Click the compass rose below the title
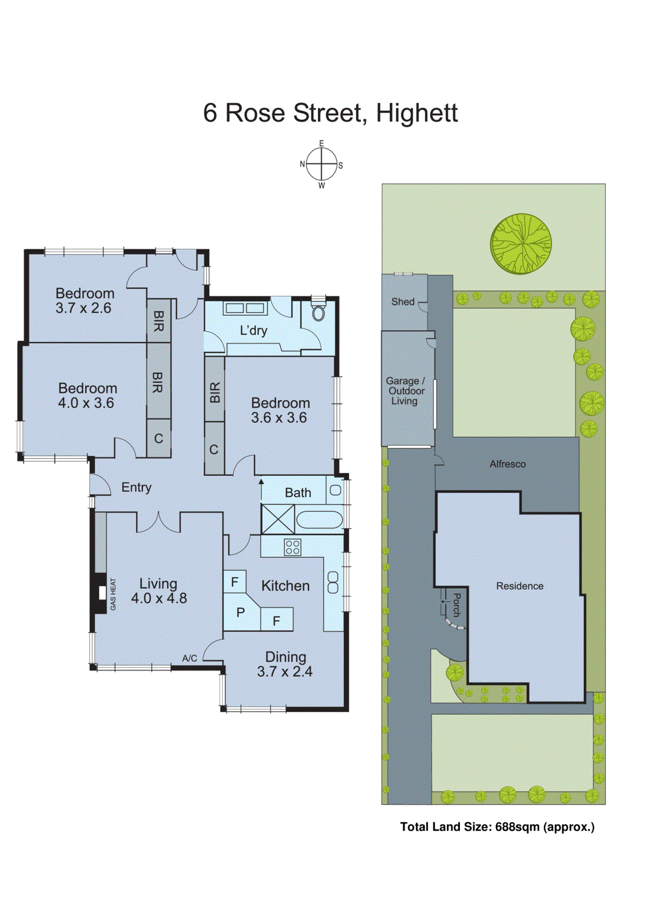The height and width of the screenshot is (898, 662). pyautogui.click(x=322, y=164)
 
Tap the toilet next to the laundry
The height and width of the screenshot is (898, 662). pyautogui.click(x=318, y=312)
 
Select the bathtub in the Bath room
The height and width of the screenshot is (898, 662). pyautogui.click(x=319, y=520)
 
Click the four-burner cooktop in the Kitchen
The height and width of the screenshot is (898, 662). pyautogui.click(x=293, y=547)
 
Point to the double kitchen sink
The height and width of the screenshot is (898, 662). pyautogui.click(x=333, y=582)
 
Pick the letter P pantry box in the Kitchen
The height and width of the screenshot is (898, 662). pyautogui.click(x=241, y=612)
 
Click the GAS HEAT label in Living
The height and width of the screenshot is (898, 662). pyautogui.click(x=113, y=594)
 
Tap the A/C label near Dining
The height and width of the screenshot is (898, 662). pyautogui.click(x=190, y=658)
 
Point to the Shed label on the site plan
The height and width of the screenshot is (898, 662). pyautogui.click(x=403, y=301)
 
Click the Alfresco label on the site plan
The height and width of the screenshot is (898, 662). pyautogui.click(x=508, y=464)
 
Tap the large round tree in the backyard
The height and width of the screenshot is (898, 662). pyautogui.click(x=521, y=244)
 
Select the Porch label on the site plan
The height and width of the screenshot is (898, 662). pyautogui.click(x=456, y=604)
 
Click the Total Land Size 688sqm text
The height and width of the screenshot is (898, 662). pyautogui.click(x=497, y=827)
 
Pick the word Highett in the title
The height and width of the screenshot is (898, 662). pyautogui.click(x=417, y=113)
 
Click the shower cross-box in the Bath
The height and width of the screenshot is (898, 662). pyautogui.click(x=278, y=519)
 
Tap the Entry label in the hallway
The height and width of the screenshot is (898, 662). pyautogui.click(x=136, y=487)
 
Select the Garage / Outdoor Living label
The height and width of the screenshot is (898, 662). pyautogui.click(x=404, y=391)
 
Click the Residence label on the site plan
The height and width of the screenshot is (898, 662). pyautogui.click(x=519, y=586)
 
